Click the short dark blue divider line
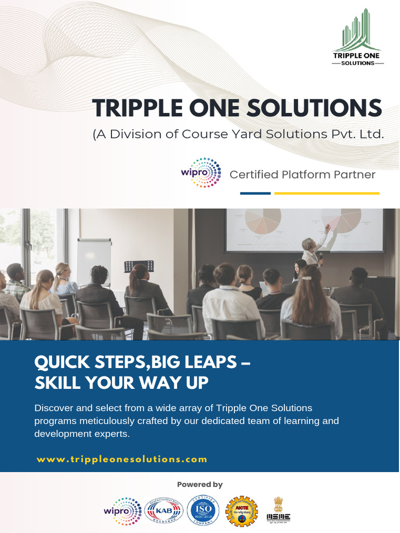255,193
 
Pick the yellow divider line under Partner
327,193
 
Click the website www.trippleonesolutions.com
122,459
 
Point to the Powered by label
200,485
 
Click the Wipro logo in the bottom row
122,511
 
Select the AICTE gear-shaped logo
242,511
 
